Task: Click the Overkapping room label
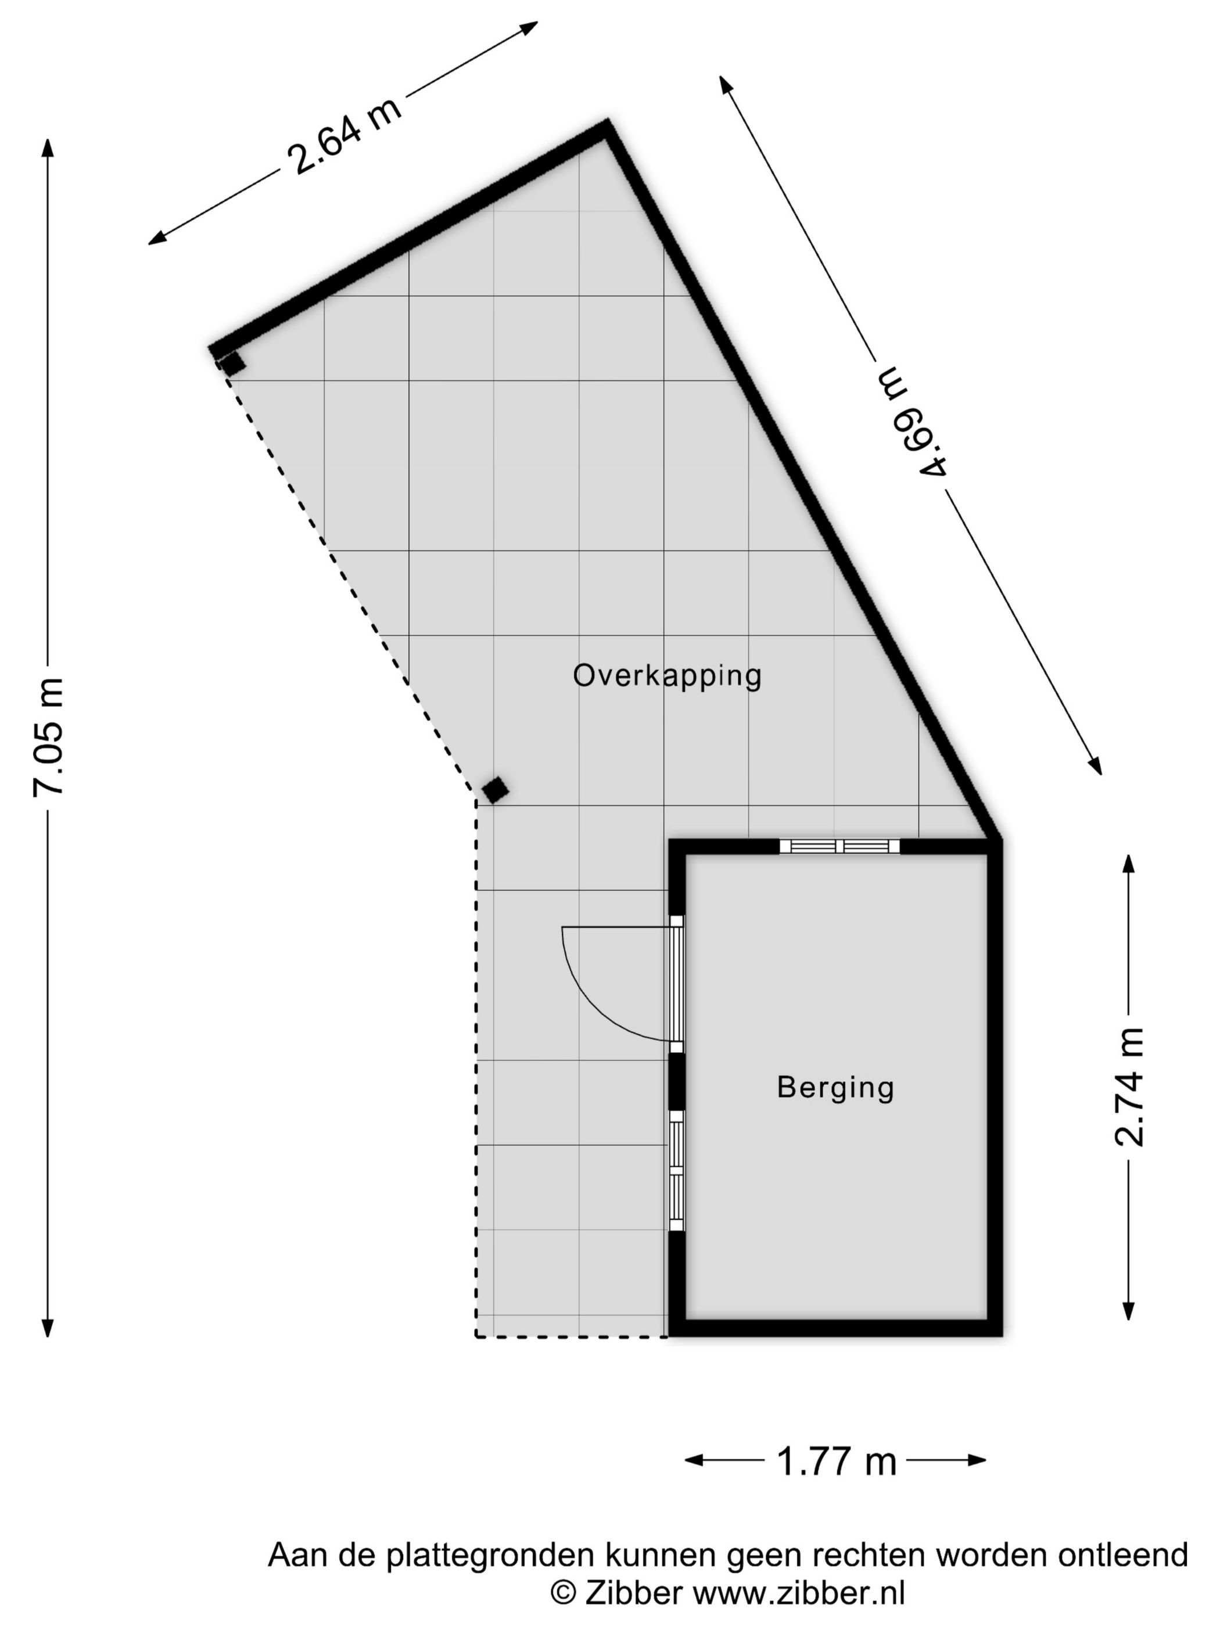coord(667,675)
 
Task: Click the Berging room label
coord(835,1087)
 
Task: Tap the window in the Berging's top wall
coord(839,846)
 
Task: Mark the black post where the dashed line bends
coord(495,790)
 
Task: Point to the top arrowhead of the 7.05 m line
coord(48,147)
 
